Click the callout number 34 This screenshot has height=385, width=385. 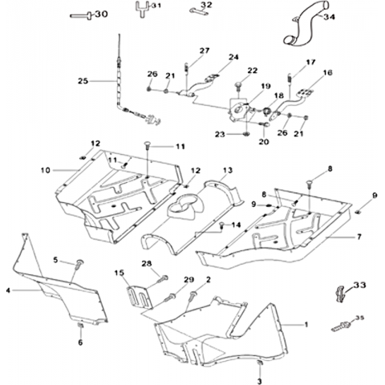tap(329, 17)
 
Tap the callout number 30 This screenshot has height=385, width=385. tap(101, 14)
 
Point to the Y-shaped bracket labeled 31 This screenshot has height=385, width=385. tap(142, 9)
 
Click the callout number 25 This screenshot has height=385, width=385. tap(83, 81)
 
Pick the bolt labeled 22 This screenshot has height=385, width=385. tap(237, 86)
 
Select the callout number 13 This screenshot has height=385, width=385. tap(228, 170)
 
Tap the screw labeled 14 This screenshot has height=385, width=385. tap(221, 225)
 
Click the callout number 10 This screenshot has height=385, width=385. tap(46, 170)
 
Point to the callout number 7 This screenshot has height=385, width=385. tap(359, 237)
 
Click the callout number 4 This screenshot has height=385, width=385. tap(8, 290)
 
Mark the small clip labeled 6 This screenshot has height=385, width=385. tap(80, 326)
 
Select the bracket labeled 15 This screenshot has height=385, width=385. tap(139, 297)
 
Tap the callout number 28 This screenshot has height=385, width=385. tap(146, 264)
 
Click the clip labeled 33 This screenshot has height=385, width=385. tap(340, 294)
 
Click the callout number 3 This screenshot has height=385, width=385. tap(259, 381)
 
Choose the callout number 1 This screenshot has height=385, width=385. tap(306, 324)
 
